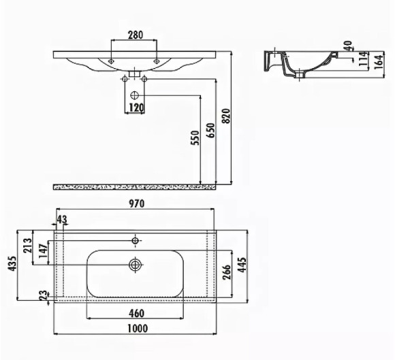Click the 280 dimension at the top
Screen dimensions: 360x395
[134, 35]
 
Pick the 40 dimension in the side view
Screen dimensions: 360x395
[348, 46]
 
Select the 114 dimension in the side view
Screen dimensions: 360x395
[347, 61]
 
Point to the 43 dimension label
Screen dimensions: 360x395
[62, 220]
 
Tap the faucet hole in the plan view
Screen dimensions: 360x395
[136, 240]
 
